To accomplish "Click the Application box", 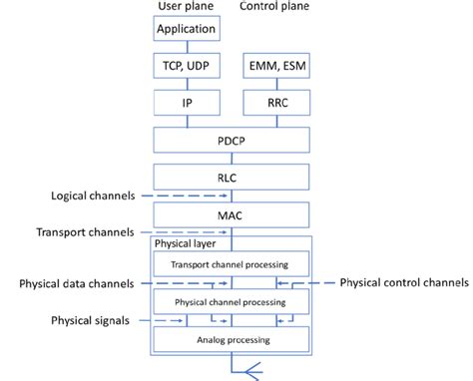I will (x=186, y=29).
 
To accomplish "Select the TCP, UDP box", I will (x=186, y=66).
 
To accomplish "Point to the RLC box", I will (x=231, y=177).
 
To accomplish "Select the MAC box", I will (x=231, y=213).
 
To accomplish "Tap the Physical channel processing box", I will (x=232, y=301).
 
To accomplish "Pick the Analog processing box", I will (x=232, y=339).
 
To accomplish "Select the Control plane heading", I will (x=275, y=7).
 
